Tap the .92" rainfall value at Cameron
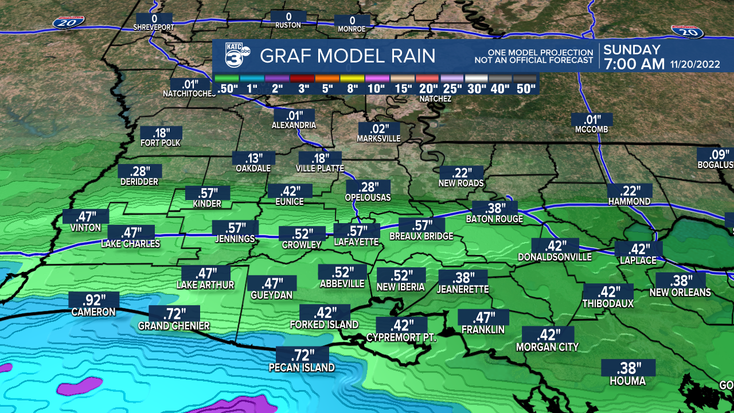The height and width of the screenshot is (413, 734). point(93,300)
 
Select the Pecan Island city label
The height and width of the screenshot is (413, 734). point(302,368)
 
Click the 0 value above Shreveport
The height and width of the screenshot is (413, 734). point(154,18)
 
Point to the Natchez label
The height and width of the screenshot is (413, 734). point(435,99)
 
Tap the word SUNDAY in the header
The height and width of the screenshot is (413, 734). point(632,50)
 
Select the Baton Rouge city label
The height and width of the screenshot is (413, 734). point(494,219)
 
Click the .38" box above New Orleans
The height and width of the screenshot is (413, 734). point(680,281)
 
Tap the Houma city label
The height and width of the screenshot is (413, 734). point(627,381)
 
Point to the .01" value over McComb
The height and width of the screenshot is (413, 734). point(592,120)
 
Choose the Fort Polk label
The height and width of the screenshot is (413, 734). point(161,143)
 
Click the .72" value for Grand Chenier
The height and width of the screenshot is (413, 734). point(174,314)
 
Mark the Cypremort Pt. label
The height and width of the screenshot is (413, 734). point(401,338)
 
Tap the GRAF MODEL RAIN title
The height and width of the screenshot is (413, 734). point(348,56)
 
